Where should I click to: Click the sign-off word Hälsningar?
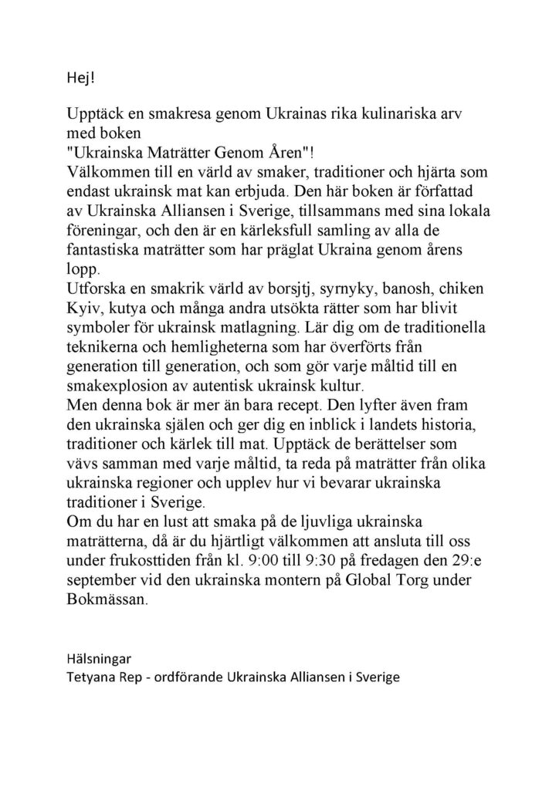[98, 660]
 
